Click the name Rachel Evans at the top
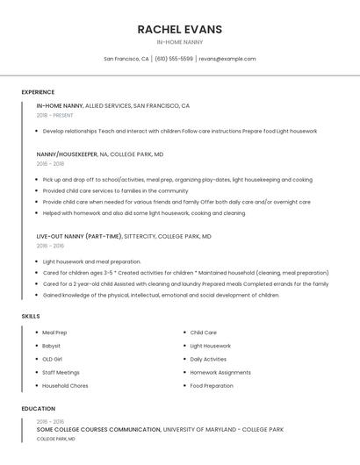tap(179, 29)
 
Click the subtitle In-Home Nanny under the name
tap(179, 42)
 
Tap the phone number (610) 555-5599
tap(174, 59)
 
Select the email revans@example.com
tap(227, 59)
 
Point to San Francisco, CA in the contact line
tap(126, 59)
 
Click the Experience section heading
tap(38, 92)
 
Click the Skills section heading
tap(31, 316)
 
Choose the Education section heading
tap(39, 409)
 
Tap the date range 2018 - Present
tap(55, 115)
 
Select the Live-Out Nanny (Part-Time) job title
tap(80, 236)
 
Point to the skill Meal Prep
tap(54, 333)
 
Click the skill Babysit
tap(52, 346)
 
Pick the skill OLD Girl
tap(53, 359)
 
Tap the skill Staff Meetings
tap(61, 372)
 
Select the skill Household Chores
tap(65, 385)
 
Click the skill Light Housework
tap(210, 346)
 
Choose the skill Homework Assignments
tap(220, 372)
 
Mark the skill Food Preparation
tap(212, 385)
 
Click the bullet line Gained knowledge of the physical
tap(161, 295)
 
